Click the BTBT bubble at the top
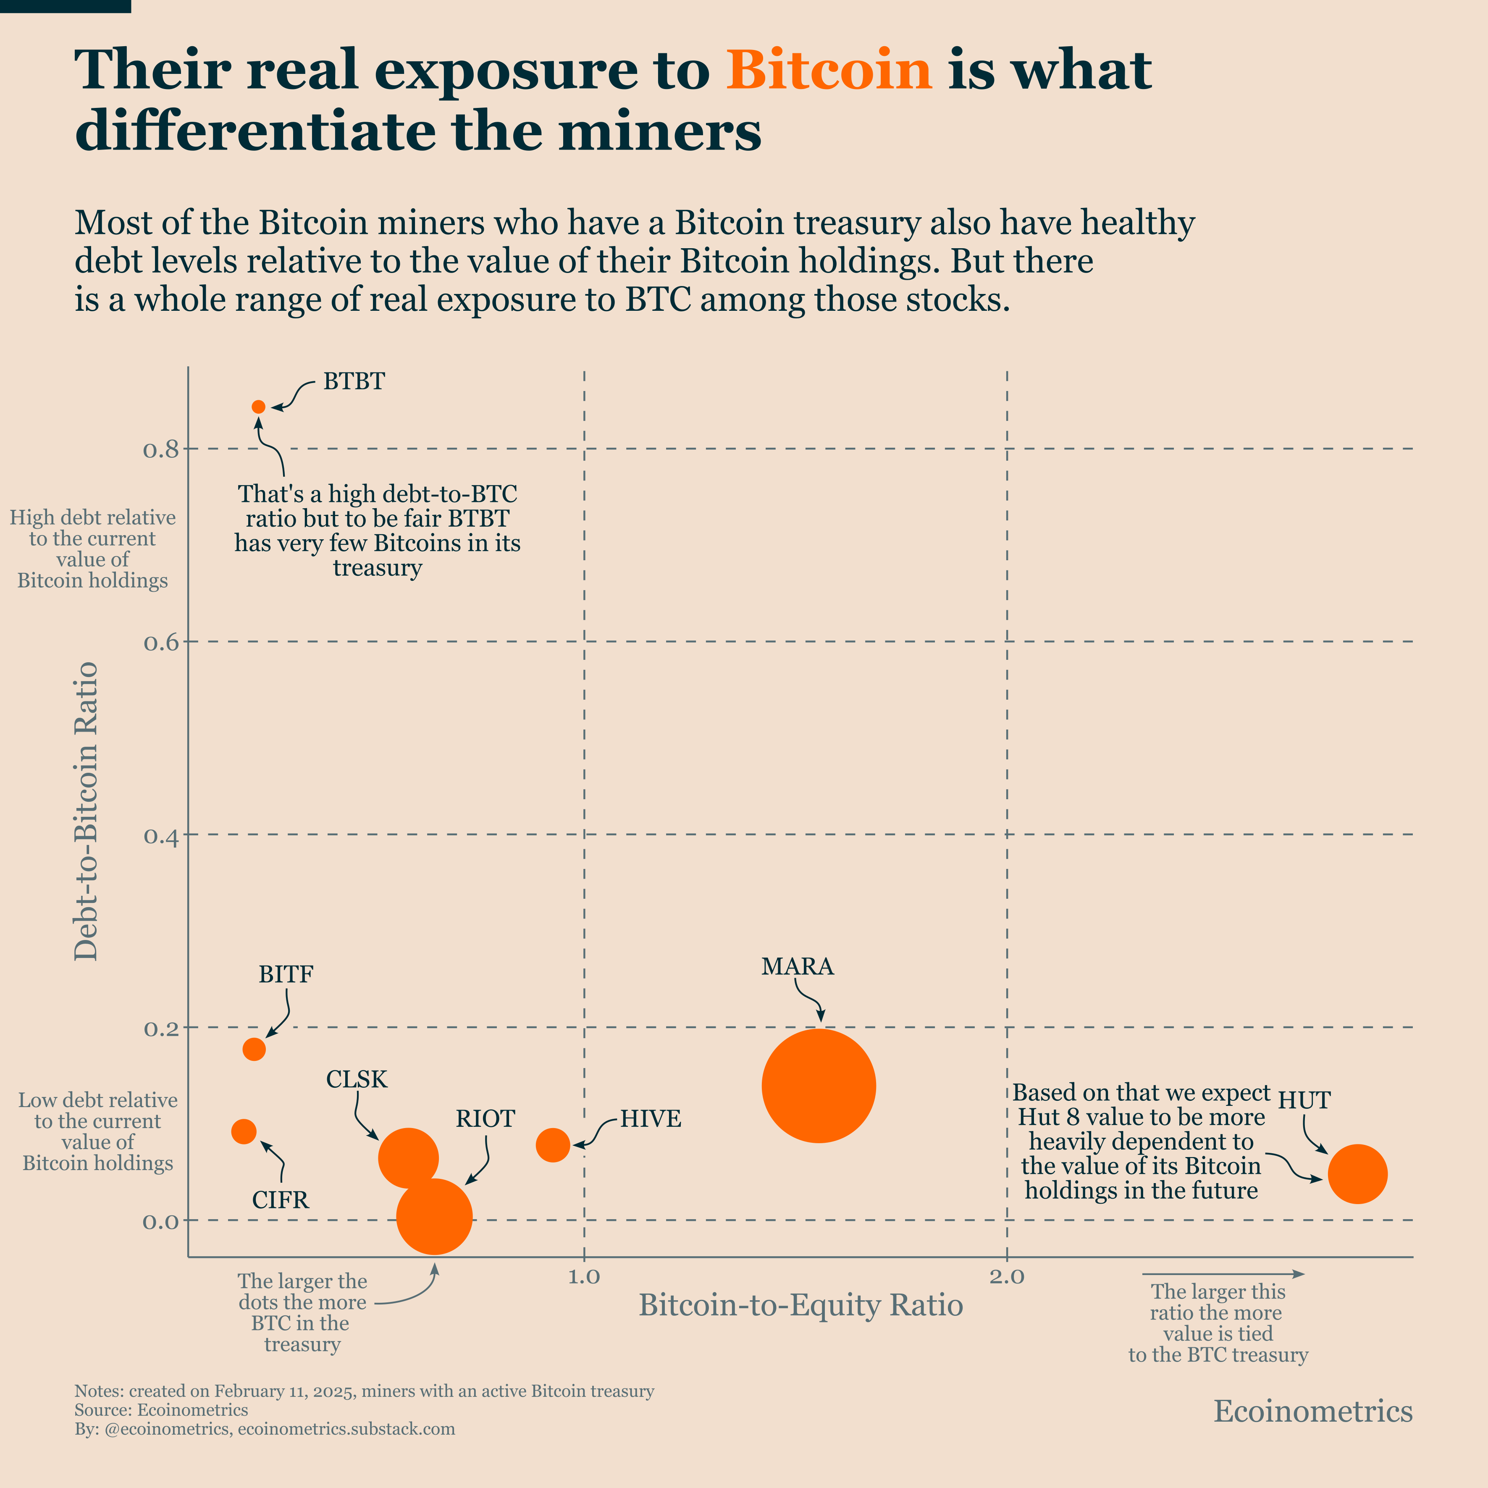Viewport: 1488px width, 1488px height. coord(259,407)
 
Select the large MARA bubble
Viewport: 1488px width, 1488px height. coord(819,1086)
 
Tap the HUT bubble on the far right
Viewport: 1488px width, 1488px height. coord(1358,1174)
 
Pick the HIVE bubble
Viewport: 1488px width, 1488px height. coord(553,1145)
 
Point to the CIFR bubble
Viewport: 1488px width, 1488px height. coord(243,1131)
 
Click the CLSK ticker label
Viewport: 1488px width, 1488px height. coord(357,1079)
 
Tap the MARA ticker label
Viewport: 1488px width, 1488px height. coord(797,966)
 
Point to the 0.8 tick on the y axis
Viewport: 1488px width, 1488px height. coord(161,449)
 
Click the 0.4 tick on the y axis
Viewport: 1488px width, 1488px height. coord(161,836)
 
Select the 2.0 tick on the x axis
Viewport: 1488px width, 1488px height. coord(1007,1277)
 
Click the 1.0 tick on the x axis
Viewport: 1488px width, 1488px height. coord(584,1277)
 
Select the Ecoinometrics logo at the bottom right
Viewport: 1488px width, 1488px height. coord(1313,1411)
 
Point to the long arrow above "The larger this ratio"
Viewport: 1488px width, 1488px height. coord(1222,1274)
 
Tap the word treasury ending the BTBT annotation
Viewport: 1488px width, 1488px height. coord(378,568)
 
